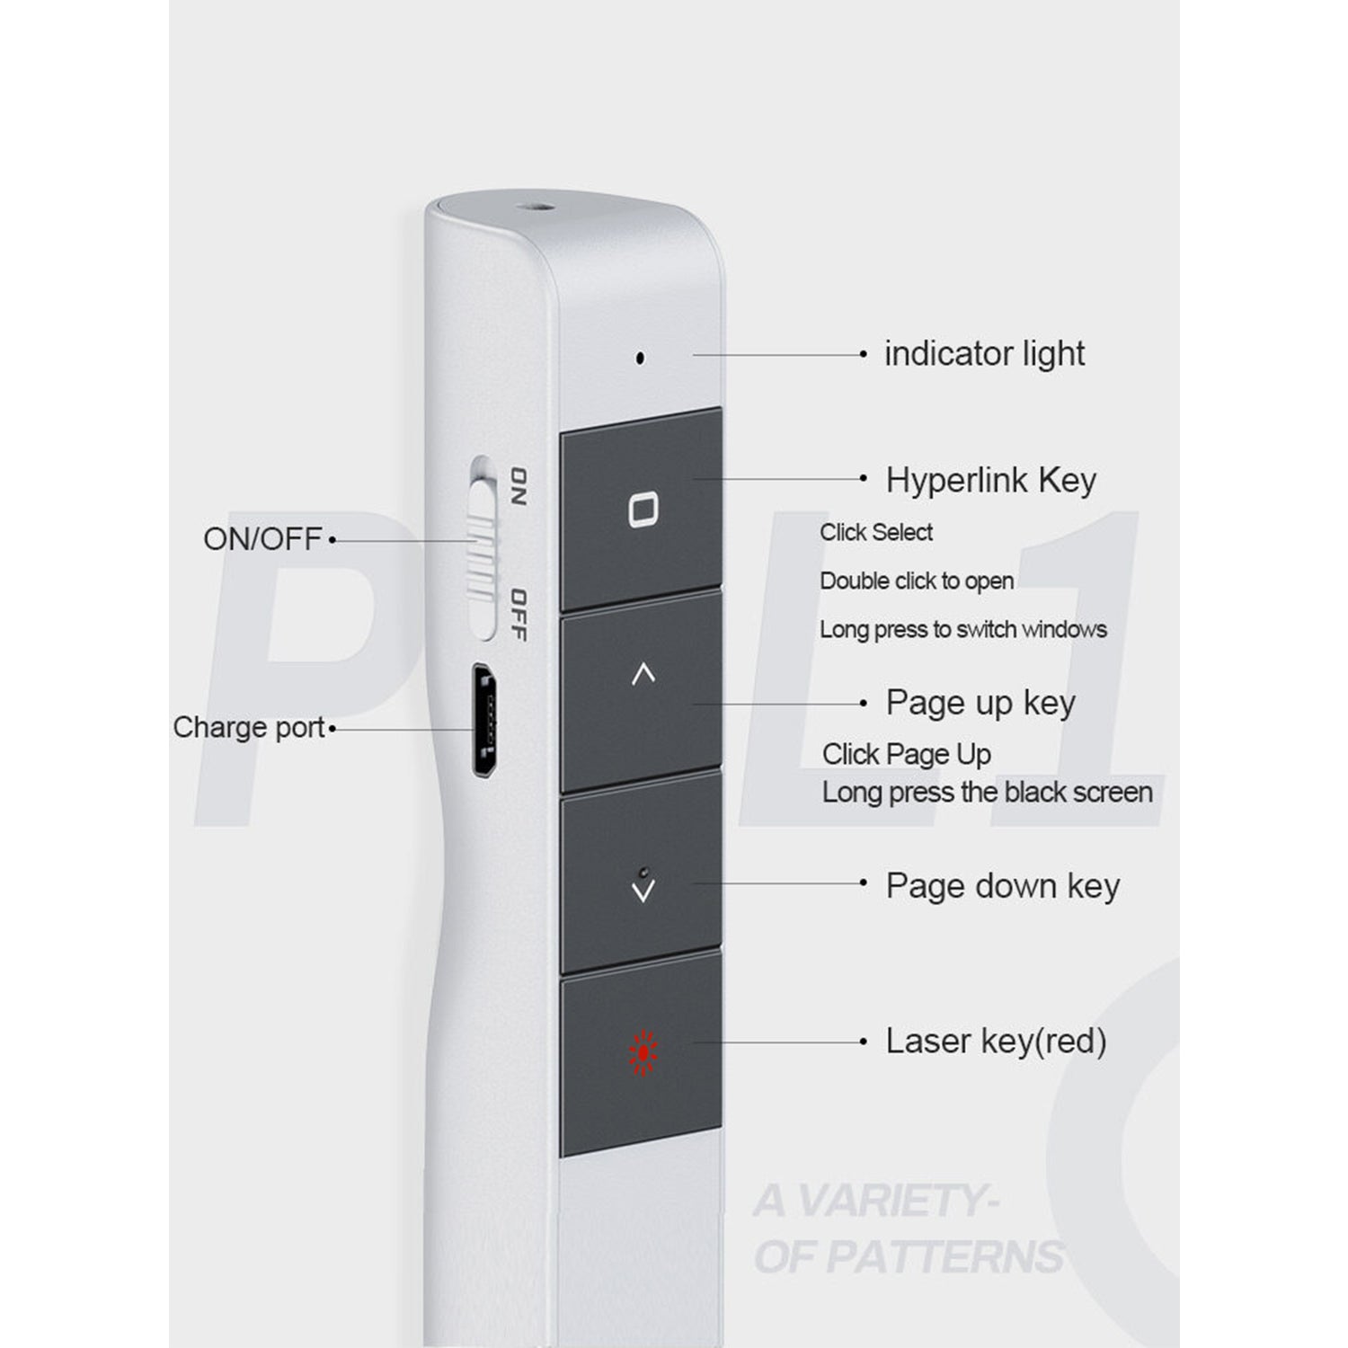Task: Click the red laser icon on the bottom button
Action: [643, 1052]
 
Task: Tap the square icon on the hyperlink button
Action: [643, 510]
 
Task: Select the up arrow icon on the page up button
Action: [643, 674]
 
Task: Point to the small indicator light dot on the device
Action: [640, 358]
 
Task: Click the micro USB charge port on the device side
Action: [486, 722]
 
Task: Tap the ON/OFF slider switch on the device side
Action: [483, 548]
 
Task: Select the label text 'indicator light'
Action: [984, 354]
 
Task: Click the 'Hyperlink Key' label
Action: [991, 480]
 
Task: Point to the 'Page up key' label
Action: [980, 703]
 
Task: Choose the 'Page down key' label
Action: [1003, 886]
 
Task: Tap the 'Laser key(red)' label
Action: [996, 1042]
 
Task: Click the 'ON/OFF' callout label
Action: [262, 539]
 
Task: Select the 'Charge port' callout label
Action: [249, 727]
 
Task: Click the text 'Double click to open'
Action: [917, 581]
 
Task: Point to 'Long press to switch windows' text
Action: [963, 630]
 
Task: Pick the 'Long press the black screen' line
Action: [988, 793]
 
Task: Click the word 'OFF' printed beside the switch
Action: [518, 616]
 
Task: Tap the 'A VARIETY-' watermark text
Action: [876, 1202]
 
